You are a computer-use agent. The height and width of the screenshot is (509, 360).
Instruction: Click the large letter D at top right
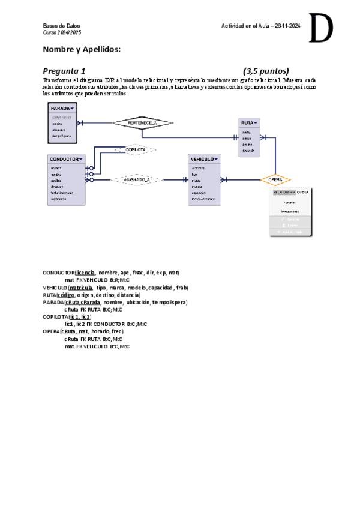coord(320,29)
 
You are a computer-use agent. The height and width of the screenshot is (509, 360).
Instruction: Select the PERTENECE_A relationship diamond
coord(142,122)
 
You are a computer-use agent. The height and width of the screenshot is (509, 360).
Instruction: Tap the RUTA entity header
coord(249,122)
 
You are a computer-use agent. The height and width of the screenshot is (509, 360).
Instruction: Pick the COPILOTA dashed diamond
coord(136,149)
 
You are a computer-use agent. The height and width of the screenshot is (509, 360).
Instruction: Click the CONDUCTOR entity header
coord(66,159)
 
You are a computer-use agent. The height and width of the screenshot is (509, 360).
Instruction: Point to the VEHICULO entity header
coord(204,159)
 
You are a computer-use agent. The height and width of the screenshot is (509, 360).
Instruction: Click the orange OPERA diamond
coord(275,179)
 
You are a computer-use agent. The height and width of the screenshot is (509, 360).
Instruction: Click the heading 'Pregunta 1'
coord(64,71)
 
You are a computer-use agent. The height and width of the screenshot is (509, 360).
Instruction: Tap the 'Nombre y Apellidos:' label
coord(82,49)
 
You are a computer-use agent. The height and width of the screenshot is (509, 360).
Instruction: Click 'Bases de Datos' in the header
coord(57,26)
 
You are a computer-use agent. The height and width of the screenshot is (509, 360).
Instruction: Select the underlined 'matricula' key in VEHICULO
coord(80,288)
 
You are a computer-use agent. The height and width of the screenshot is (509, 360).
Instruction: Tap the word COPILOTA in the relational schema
coord(55,316)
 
